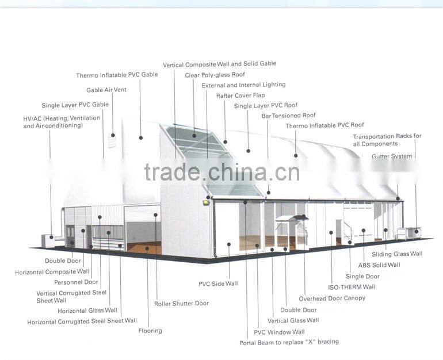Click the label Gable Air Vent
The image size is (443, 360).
(x=106, y=90)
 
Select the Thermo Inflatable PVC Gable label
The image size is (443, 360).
(x=117, y=75)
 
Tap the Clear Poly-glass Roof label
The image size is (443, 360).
(x=215, y=75)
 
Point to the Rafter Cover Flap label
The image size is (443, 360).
(x=240, y=95)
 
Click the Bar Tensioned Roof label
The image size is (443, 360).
(x=289, y=116)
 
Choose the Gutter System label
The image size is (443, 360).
(x=392, y=156)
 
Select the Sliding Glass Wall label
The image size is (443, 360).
(x=397, y=254)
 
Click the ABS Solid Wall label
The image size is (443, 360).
(x=379, y=265)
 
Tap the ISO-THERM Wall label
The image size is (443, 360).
(x=352, y=287)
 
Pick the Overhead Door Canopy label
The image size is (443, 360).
(x=332, y=298)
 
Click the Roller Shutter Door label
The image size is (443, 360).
(x=181, y=303)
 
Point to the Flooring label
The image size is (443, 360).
(x=150, y=331)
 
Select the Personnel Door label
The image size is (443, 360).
(x=76, y=282)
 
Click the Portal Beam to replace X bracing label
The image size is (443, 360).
(x=289, y=342)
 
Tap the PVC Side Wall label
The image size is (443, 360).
(x=218, y=284)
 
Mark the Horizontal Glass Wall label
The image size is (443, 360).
(x=87, y=311)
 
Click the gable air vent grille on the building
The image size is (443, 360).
(x=112, y=139)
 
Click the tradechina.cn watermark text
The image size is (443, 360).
(x=221, y=172)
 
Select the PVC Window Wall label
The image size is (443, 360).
(x=279, y=332)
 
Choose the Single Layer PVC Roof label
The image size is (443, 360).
(x=266, y=106)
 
